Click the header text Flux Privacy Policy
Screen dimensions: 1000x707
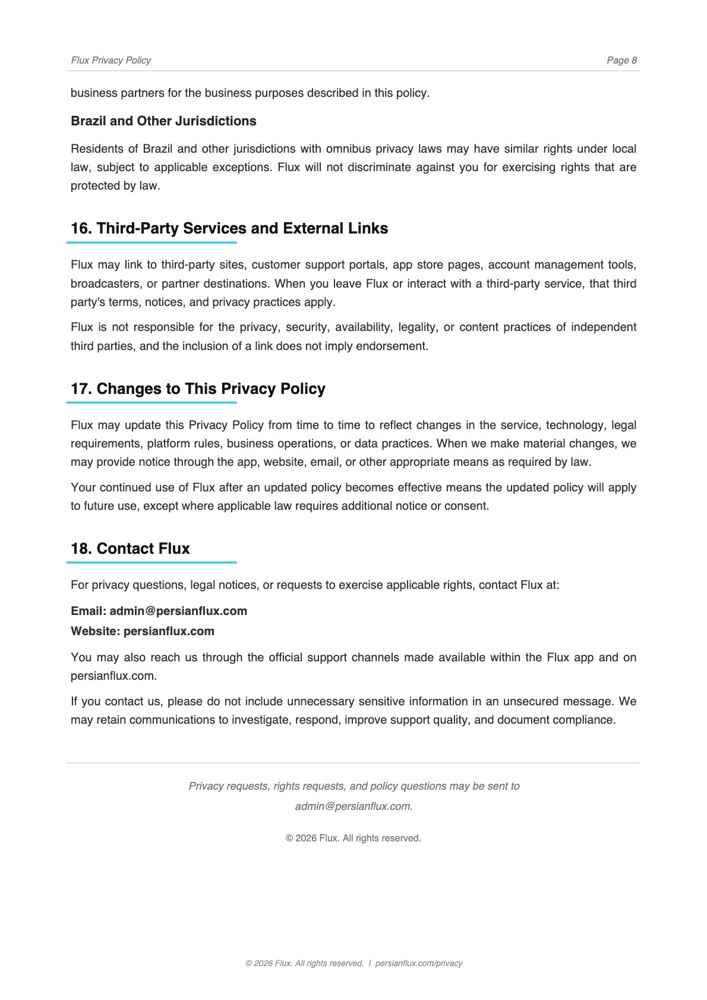tap(111, 60)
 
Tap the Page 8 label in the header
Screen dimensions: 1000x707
tap(621, 60)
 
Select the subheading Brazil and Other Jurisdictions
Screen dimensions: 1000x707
tap(163, 121)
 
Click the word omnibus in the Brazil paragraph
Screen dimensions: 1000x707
tap(349, 149)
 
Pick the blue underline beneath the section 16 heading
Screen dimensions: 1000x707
tap(151, 242)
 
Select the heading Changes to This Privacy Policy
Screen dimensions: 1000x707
tap(211, 389)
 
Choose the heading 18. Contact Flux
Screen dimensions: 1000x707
tap(130, 548)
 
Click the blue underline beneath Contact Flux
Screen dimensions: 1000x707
tap(151, 562)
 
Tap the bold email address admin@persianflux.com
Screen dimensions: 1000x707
tap(178, 611)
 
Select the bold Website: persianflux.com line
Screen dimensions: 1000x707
tap(143, 631)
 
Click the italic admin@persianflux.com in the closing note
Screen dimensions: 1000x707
tap(353, 806)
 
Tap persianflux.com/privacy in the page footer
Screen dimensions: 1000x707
tap(418, 963)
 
